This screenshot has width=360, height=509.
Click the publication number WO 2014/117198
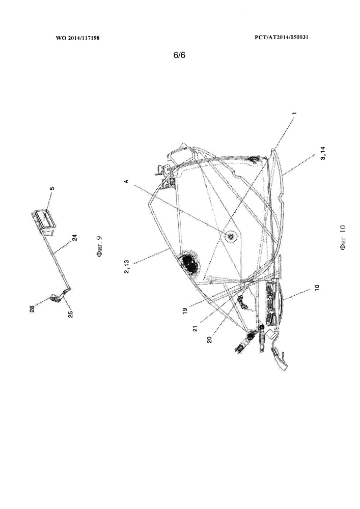click(x=78, y=38)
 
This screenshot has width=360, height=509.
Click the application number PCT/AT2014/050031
click(x=282, y=37)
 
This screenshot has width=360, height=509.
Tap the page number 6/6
click(x=180, y=55)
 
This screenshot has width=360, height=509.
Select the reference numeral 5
click(x=52, y=188)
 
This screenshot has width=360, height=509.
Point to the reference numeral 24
click(x=75, y=238)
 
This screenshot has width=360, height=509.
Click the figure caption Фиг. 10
click(x=343, y=237)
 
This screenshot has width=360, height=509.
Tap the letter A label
click(x=127, y=182)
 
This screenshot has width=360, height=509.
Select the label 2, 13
click(x=127, y=267)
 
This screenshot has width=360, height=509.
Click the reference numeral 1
click(x=294, y=114)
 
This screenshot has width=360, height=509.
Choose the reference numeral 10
click(x=317, y=288)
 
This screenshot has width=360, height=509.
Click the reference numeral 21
click(x=195, y=328)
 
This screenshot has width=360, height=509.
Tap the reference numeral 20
click(x=209, y=340)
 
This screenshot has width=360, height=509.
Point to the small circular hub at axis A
click(x=231, y=237)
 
